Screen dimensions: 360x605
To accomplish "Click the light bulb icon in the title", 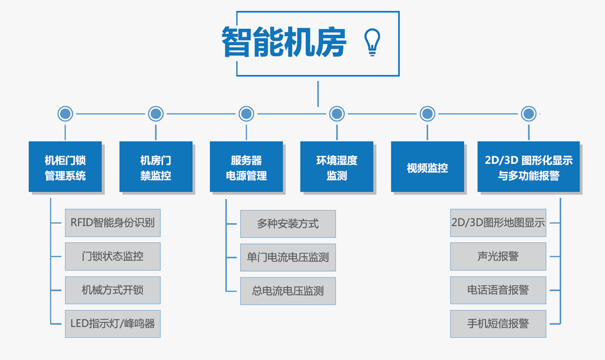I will pos(372,43).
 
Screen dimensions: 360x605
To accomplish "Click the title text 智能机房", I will pos(284,42).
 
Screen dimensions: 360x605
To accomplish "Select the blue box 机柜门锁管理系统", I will pos(66,167).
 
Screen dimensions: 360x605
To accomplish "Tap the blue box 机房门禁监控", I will pos(156,167).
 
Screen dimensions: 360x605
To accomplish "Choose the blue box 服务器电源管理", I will pos(247,167).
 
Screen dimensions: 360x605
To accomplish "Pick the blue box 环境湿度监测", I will pos(337,167).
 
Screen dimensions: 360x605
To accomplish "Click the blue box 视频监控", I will pos(427,167).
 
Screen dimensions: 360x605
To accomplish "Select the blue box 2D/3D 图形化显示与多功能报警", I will pos(528,167).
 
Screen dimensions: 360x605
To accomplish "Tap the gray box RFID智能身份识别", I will pos(112,223).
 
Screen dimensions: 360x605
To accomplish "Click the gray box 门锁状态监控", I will pos(112,256).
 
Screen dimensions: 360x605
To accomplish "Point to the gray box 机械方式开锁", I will pos(112,290).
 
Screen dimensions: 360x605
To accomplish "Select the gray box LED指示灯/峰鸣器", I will pos(112,324).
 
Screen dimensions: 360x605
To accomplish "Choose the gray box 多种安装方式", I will pos(288,224).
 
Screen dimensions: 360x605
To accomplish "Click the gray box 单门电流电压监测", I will pos(288,257).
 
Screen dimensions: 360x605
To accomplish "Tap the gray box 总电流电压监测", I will pos(288,291).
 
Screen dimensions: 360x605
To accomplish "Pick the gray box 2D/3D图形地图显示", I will pos(498,223).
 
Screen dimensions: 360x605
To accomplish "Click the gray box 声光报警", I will pos(498,256).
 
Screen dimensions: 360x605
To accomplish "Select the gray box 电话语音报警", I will pos(498,290).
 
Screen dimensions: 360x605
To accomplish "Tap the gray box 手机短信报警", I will pos(498,324).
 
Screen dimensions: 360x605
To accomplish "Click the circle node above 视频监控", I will pos(427,113).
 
